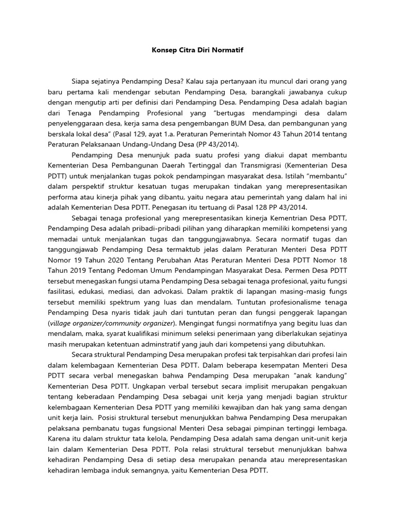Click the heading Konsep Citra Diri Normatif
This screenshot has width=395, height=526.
[x=197, y=51]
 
